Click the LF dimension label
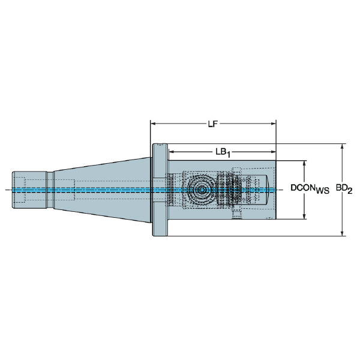pos(212,124)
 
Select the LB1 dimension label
pos(223,152)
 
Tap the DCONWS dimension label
pos(310,189)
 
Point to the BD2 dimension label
pos(344,189)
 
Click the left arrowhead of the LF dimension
pos(153,124)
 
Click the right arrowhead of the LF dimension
pos(273,124)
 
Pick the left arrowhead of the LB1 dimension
pos(171,152)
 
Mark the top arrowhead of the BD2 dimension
pos(343,146)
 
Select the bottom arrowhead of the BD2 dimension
pos(343,233)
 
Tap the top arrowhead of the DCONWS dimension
pos(304,163)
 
